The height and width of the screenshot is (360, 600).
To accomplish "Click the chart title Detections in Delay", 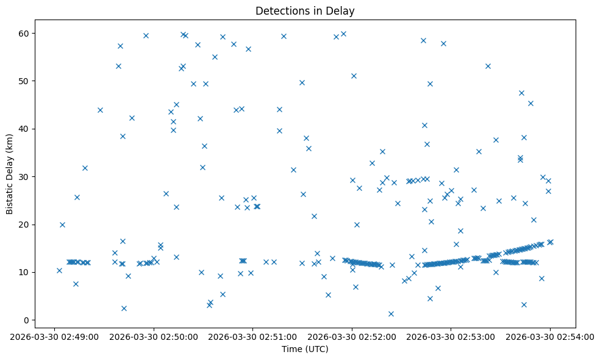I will pos(305,11).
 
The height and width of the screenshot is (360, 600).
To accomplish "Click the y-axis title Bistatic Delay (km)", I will pos(10,174).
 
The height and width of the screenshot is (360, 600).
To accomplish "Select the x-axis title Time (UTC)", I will pos(305,349).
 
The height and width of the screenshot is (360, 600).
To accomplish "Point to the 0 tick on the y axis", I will pos(27,320).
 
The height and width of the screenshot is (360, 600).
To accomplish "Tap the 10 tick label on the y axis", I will pos(24,272).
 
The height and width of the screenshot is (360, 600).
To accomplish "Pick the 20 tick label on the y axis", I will pos(24,225).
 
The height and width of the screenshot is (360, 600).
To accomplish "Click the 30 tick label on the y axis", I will pos(24,176).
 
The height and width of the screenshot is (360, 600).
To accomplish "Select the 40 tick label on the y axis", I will pos(24,129).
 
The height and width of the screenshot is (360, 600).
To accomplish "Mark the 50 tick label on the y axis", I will pos(24,81).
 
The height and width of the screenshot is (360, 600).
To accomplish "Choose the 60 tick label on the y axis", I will pos(24,33).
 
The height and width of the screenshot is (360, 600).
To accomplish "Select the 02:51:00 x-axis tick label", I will pos(253,336).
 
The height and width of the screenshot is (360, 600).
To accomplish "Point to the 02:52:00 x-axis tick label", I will pos(352,336).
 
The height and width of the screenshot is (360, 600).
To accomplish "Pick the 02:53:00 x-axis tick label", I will pos(451,336).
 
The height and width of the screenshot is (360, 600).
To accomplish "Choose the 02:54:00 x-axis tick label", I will pos(550,336).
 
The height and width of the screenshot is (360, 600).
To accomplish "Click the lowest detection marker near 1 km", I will pos(391,314).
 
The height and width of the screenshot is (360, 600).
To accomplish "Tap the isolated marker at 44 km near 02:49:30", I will pos(100,110).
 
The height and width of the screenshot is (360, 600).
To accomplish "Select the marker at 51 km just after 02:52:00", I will pos(354,76).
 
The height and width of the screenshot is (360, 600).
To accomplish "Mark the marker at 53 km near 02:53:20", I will pos(488,66).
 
